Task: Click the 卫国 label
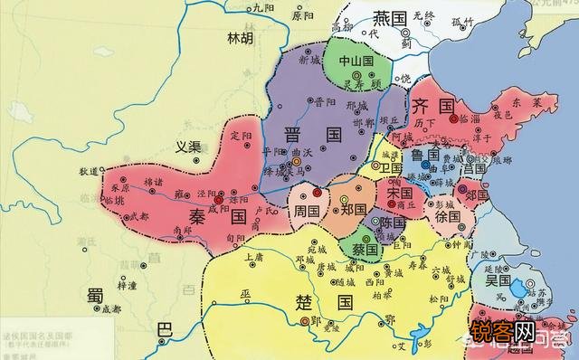click(x=391, y=168)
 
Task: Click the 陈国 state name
click(x=391, y=223)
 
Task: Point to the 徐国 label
click(x=449, y=218)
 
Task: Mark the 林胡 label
click(x=241, y=39)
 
